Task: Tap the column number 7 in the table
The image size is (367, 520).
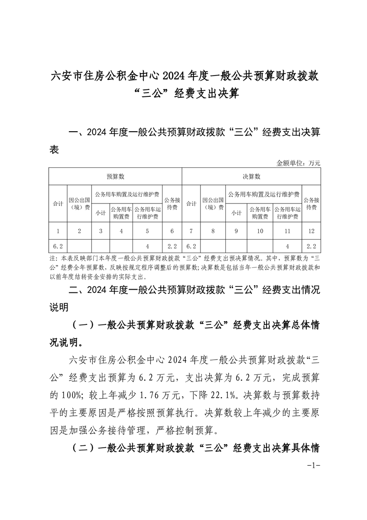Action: (191, 230)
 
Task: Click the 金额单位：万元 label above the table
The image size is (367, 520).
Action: (298, 163)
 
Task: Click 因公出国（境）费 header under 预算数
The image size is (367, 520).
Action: (79, 203)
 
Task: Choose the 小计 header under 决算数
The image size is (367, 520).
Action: (236, 213)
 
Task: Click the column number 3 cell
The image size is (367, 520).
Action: (100, 230)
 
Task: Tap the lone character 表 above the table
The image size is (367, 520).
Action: (54, 151)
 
